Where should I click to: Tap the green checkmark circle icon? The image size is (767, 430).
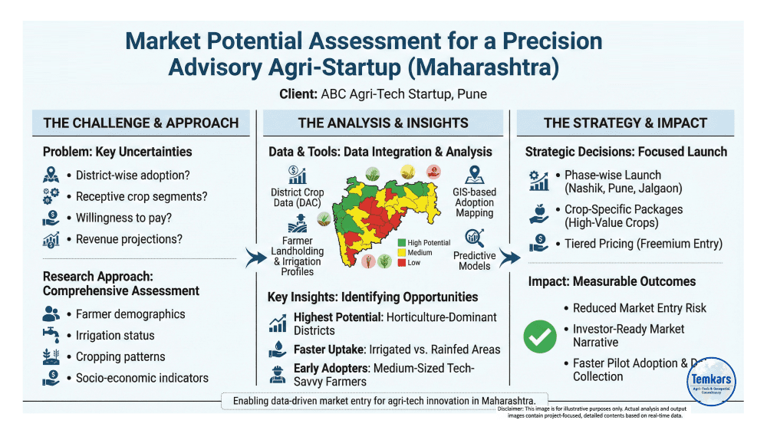pos(541,336)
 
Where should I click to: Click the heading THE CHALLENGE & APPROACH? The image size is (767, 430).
pos(141,123)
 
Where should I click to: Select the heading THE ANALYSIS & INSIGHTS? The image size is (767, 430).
pos(383,123)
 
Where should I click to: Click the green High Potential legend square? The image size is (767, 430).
pos(402,242)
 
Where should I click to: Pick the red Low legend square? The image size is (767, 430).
pos(402,263)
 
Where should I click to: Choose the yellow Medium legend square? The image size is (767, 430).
pos(402,253)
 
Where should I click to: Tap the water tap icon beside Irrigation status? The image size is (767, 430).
pos(52,335)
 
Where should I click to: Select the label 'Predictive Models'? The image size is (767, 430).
pos(474,261)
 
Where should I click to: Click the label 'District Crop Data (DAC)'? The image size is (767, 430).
pos(297,197)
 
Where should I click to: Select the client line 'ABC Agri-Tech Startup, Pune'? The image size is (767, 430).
pos(383,94)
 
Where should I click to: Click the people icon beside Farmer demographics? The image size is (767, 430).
pos(52,313)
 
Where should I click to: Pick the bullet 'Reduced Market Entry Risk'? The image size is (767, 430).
pos(640,308)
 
